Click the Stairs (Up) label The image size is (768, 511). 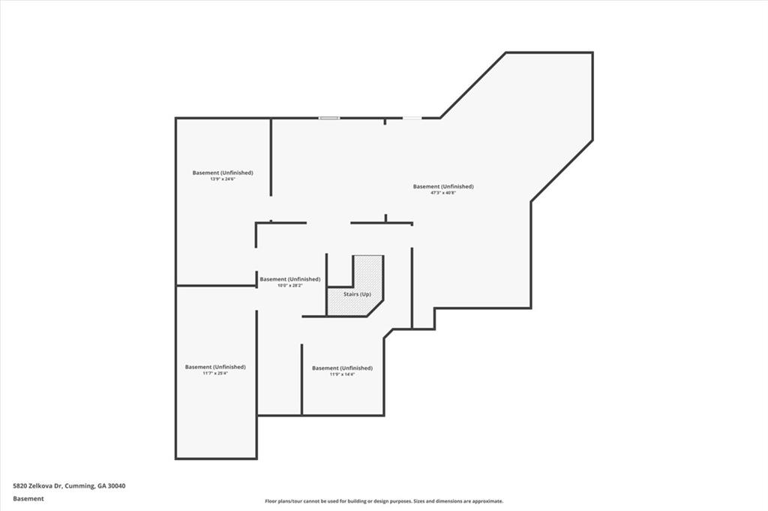357,294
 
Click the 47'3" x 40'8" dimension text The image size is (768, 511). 442,193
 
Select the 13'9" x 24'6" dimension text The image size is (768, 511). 222,179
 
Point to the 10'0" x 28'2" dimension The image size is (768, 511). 289,286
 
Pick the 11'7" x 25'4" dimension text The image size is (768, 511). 214,374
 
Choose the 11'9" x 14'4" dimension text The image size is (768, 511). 342,374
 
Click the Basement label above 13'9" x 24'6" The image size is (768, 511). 222,173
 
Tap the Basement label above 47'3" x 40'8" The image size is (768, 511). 443,186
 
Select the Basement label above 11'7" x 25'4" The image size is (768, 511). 214,367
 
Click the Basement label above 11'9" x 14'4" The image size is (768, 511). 342,368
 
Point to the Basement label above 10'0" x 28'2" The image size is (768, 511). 289,279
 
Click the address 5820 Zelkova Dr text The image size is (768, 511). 37,485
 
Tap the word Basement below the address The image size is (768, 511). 28,498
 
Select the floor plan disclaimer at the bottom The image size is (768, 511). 383,501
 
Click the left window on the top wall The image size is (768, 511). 328,118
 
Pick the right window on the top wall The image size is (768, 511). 412,118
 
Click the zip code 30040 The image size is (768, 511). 115,485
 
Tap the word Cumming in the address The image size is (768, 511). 79,485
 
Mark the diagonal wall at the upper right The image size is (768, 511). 472,85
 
